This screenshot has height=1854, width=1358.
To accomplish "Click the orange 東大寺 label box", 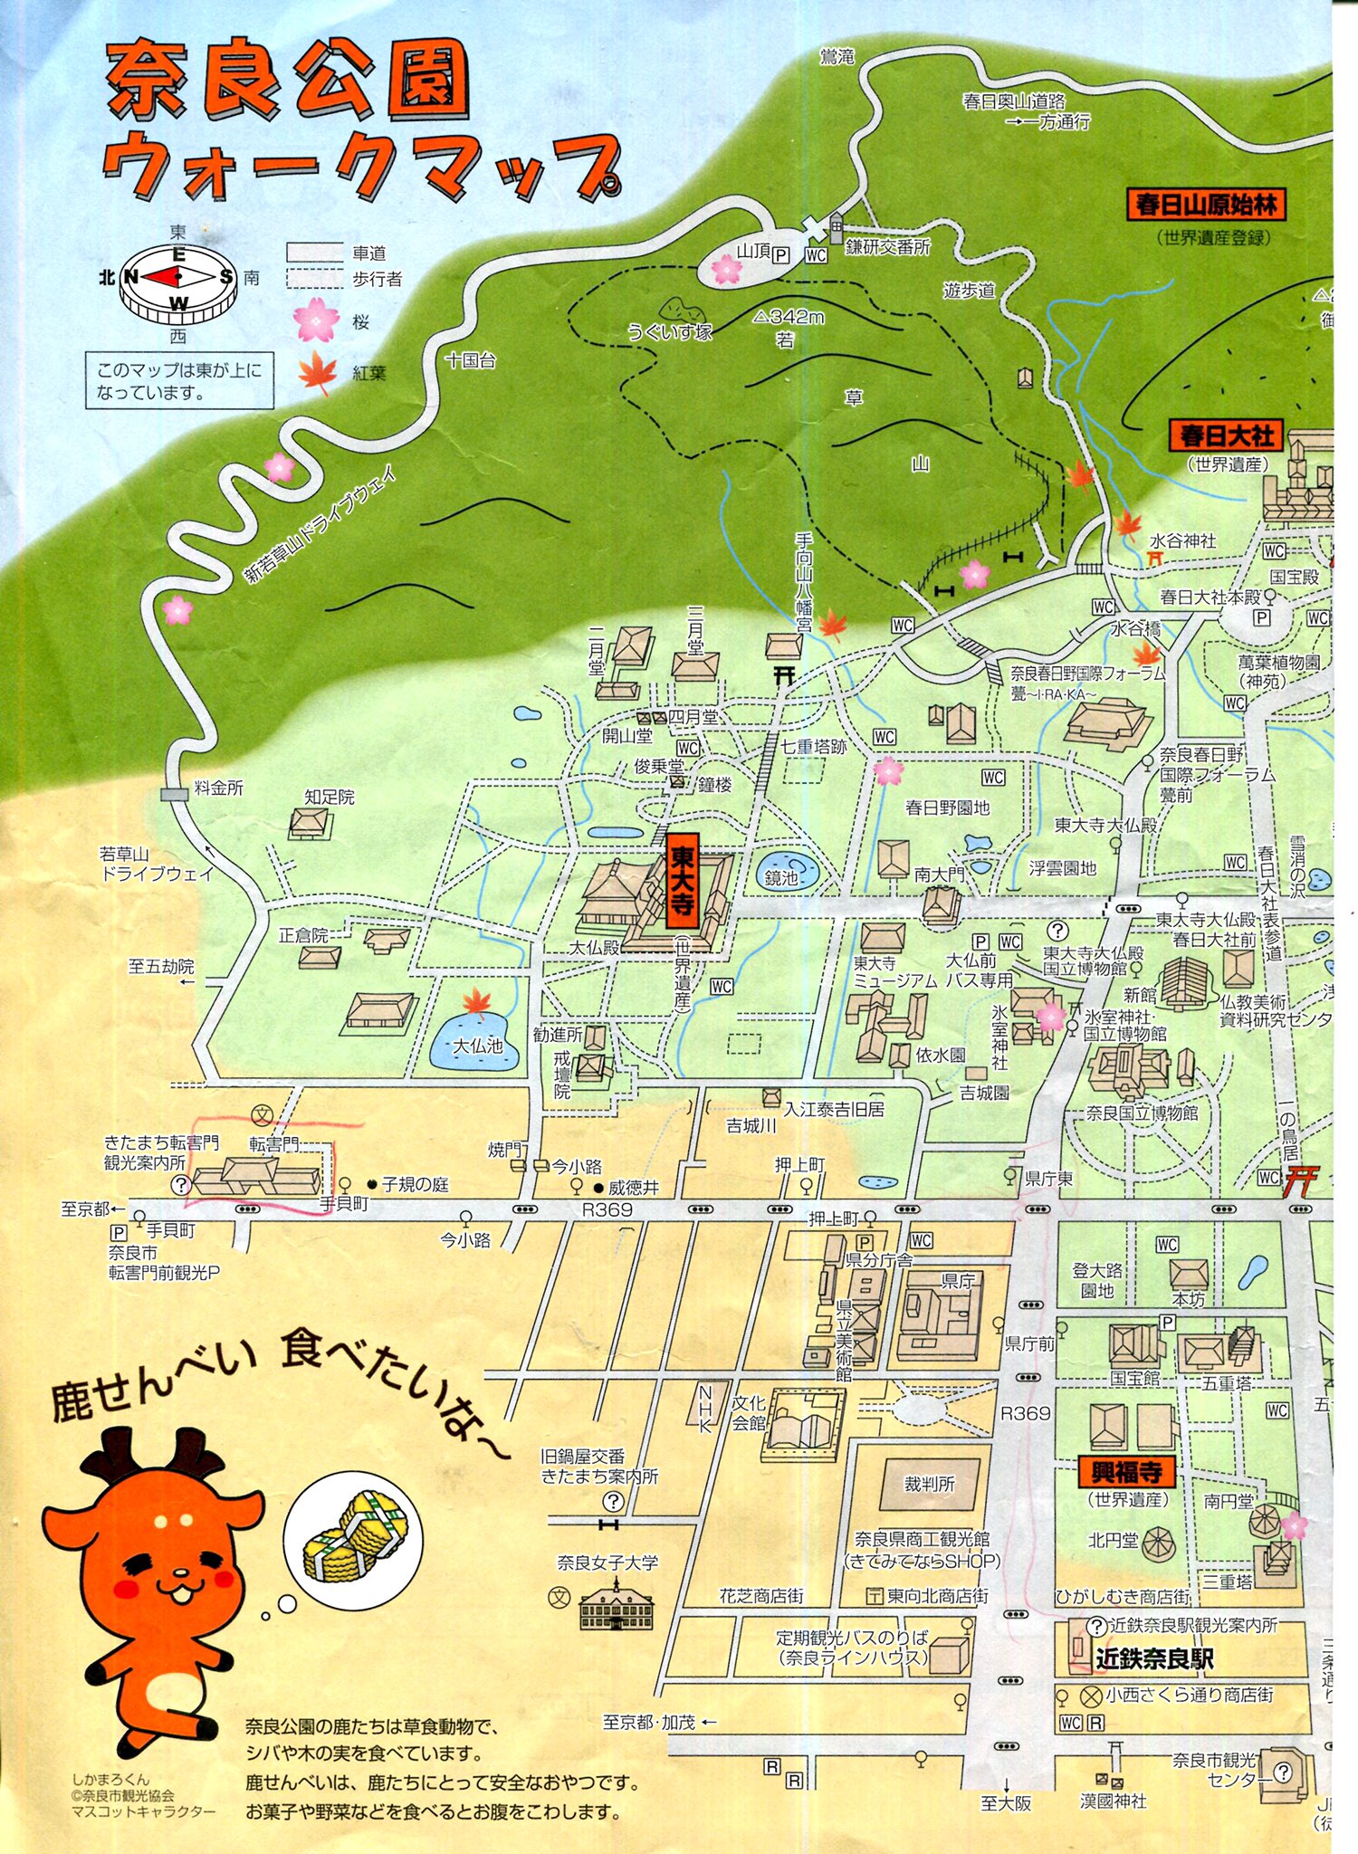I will (x=681, y=881).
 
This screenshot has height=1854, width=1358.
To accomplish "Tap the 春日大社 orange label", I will (x=1227, y=435).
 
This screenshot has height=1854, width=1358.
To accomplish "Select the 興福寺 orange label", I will (x=1126, y=1471).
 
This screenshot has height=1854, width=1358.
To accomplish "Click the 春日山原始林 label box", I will (x=1206, y=205).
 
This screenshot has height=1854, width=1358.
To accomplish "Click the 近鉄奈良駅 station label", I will (x=1153, y=1658).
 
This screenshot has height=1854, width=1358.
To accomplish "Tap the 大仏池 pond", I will (x=476, y=1043).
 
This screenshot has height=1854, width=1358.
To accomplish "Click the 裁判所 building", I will (x=930, y=1484).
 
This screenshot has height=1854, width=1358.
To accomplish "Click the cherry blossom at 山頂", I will (x=726, y=267).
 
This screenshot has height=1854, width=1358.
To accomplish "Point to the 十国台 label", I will (x=470, y=360).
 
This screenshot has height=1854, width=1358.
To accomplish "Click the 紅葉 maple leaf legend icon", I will (x=317, y=372).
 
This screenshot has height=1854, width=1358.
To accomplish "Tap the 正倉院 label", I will (x=303, y=935).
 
